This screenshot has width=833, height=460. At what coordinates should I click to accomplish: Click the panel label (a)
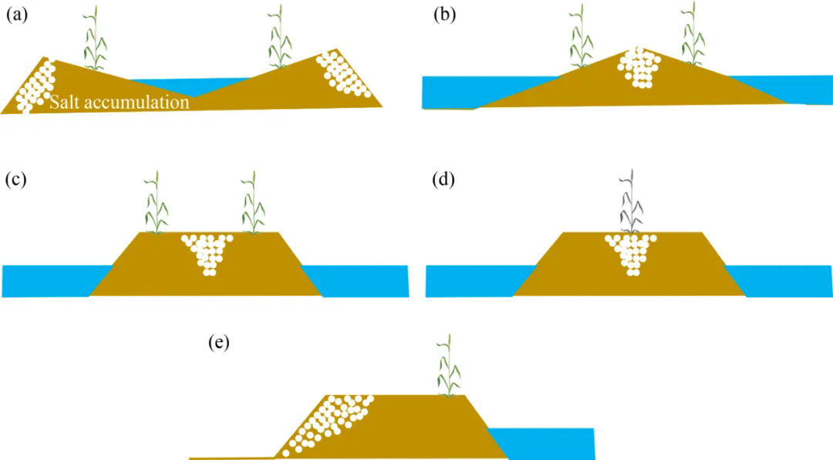pyautogui.click(x=16, y=15)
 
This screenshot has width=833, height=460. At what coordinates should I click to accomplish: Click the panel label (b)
pyautogui.click(x=445, y=15)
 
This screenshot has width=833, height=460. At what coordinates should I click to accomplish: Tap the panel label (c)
pyautogui.click(x=15, y=180)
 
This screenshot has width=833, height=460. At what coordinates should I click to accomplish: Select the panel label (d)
pyautogui.click(x=443, y=180)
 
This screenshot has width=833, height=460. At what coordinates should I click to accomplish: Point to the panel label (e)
pyautogui.click(x=219, y=342)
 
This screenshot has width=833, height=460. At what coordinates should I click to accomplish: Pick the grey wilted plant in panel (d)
pyautogui.click(x=632, y=202)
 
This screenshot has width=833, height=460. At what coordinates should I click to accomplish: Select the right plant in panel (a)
pyautogui.click(x=279, y=37)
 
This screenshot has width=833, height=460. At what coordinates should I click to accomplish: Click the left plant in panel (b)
pyautogui.click(x=582, y=36)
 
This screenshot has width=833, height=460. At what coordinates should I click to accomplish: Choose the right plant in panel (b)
pyautogui.click(x=693, y=34)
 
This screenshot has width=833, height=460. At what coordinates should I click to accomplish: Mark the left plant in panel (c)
pyautogui.click(x=156, y=203)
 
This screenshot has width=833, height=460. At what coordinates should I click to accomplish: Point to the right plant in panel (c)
pyautogui.click(x=254, y=203)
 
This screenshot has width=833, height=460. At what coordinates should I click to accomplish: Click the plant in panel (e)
pyautogui.click(x=449, y=365)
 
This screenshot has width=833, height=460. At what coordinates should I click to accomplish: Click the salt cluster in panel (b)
pyautogui.click(x=639, y=67)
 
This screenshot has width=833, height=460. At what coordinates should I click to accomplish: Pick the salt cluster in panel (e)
pyautogui.click(x=325, y=425)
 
